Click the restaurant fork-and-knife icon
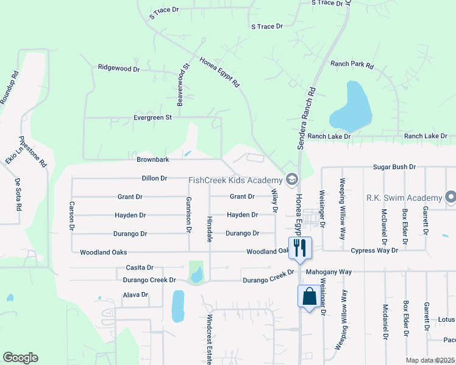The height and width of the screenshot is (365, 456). coord(299,247)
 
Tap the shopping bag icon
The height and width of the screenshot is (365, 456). coord(309,296)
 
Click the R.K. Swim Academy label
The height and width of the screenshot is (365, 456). coord(404,198)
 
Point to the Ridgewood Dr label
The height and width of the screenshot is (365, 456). coord(119,69)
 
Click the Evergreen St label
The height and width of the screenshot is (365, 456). coord(154,117)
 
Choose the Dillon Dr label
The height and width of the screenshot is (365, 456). coord(154,178)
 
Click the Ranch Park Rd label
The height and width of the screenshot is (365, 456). coord(352,64)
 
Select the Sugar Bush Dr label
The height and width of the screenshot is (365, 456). coord(394,167)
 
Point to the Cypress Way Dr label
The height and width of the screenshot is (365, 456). coord(374,250)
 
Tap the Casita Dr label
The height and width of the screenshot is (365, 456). coord(139,267)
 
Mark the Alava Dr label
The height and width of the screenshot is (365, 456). coord(135,294)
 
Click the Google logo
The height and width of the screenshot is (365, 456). coord(20,358)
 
